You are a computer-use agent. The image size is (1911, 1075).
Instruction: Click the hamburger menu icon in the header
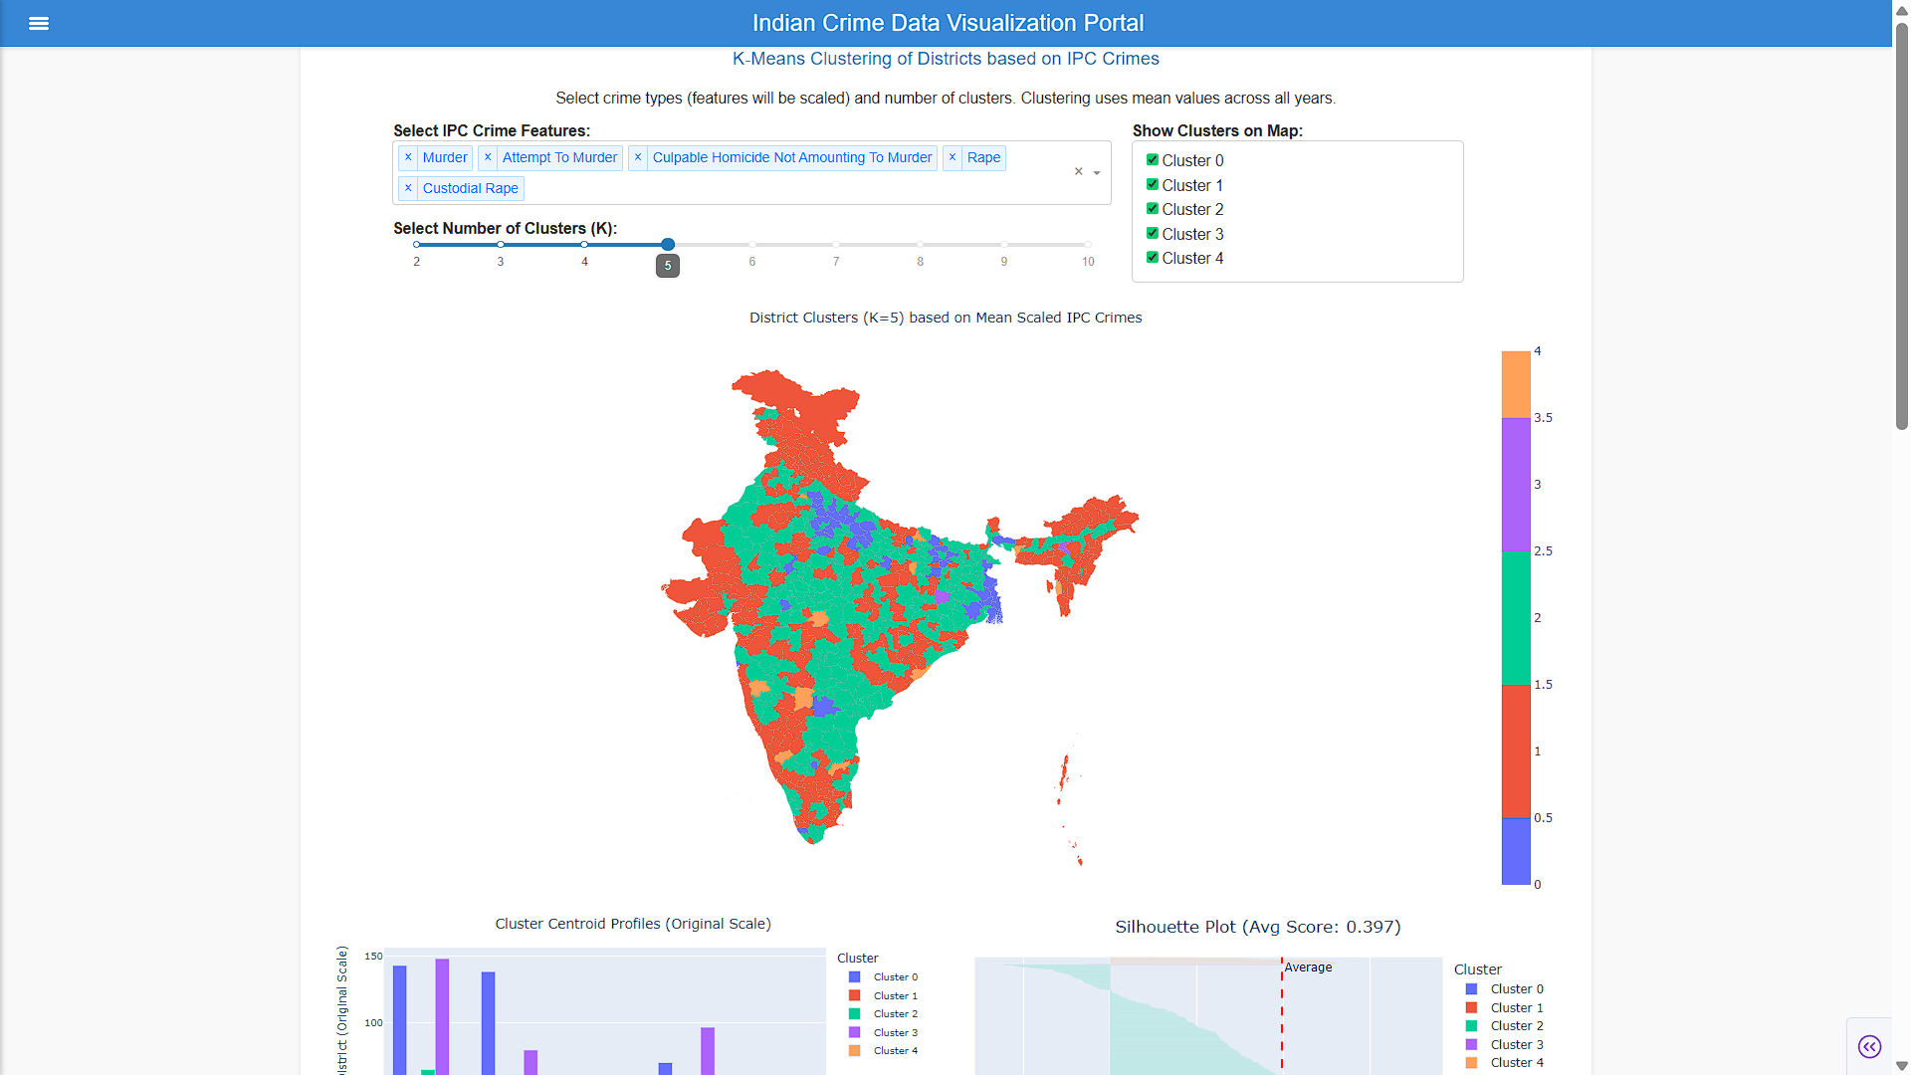point(39,23)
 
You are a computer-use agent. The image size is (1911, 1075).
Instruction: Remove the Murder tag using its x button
point(408,157)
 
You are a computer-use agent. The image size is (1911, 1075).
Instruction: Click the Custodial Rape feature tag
point(470,188)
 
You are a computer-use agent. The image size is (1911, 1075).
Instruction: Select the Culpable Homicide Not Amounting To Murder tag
point(791,157)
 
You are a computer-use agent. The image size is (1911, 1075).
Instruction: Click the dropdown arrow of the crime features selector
point(1097,172)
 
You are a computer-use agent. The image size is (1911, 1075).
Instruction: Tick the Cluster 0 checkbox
point(1153,159)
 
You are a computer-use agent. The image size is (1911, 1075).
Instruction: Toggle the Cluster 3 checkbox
point(1153,233)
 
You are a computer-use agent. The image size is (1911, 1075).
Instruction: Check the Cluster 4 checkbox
point(1153,257)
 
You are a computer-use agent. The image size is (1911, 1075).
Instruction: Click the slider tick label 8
point(920,262)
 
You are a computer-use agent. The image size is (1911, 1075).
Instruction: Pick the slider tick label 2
point(417,262)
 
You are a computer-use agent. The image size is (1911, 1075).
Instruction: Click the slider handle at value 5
point(668,244)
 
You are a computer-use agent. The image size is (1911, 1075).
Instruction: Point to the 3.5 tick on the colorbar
point(1543,418)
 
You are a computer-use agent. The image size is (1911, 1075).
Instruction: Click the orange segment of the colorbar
point(1516,384)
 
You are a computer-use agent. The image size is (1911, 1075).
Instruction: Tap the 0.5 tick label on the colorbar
point(1543,818)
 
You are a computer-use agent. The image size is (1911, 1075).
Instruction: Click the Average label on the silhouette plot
point(1308,967)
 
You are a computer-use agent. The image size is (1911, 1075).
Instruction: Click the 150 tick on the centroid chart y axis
point(373,957)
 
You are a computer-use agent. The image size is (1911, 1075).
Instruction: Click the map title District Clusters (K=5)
point(946,318)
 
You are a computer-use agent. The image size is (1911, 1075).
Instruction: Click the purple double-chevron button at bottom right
point(1869,1046)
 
